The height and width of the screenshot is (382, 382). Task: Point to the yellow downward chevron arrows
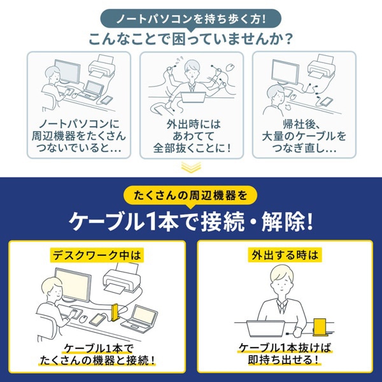point(191,167)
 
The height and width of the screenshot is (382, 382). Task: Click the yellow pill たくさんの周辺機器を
point(191,194)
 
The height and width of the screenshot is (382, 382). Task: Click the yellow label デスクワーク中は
point(95,253)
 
